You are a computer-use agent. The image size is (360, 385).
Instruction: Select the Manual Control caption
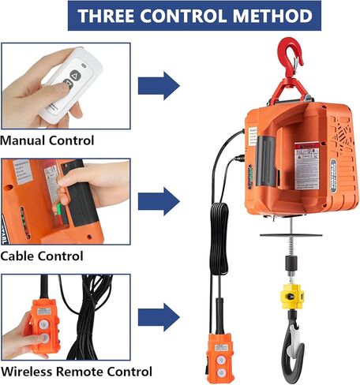[47, 140]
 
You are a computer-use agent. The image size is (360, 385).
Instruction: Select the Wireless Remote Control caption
[76, 372]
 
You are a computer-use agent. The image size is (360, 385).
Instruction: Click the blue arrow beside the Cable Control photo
[158, 200]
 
